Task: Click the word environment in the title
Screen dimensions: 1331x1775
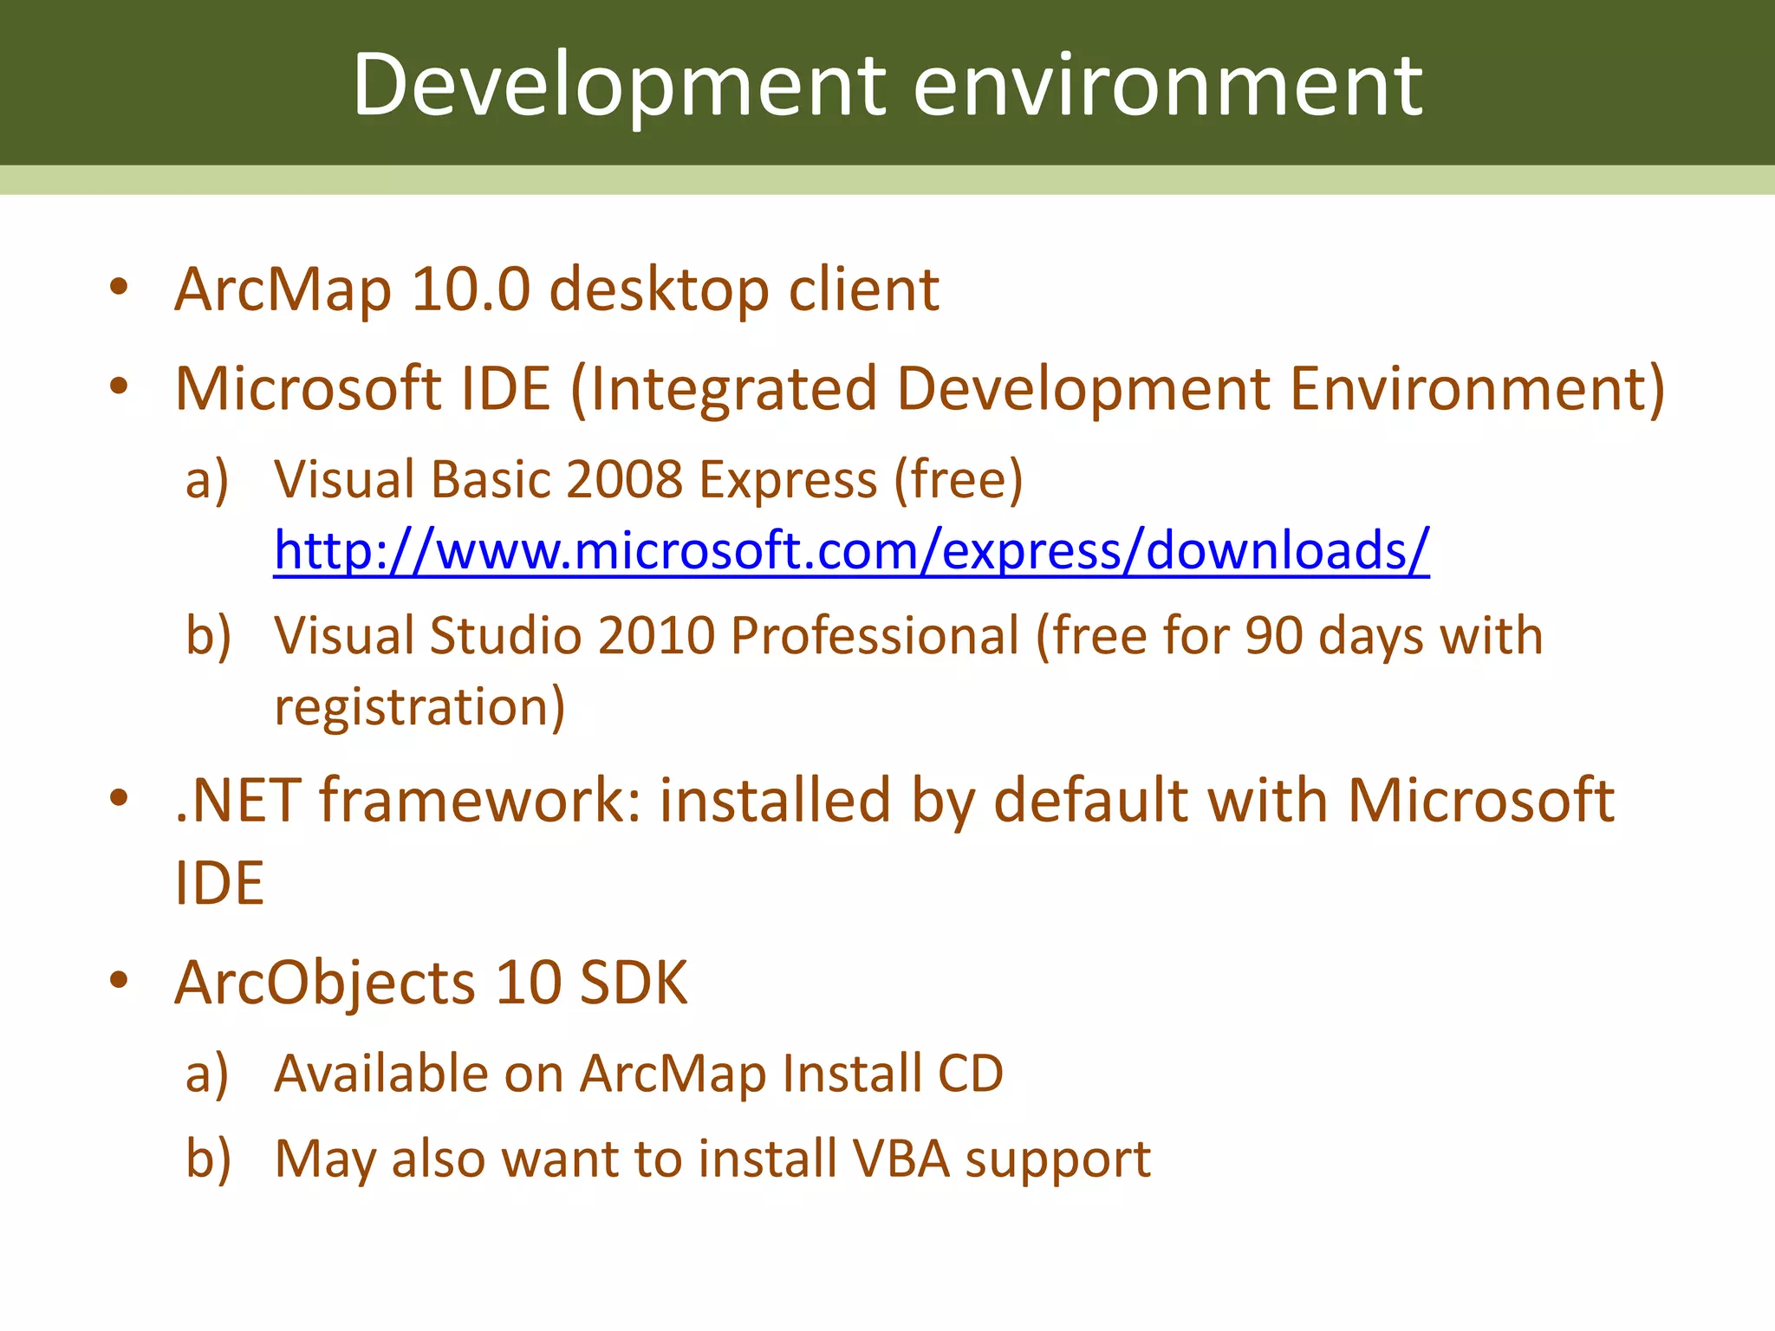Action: (x=1167, y=85)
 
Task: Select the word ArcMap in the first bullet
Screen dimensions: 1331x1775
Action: (x=283, y=289)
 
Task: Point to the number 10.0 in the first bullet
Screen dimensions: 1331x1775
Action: (x=470, y=289)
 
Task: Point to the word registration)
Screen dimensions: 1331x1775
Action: (x=419, y=706)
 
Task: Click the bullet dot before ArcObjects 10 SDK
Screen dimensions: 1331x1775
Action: (x=119, y=981)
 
